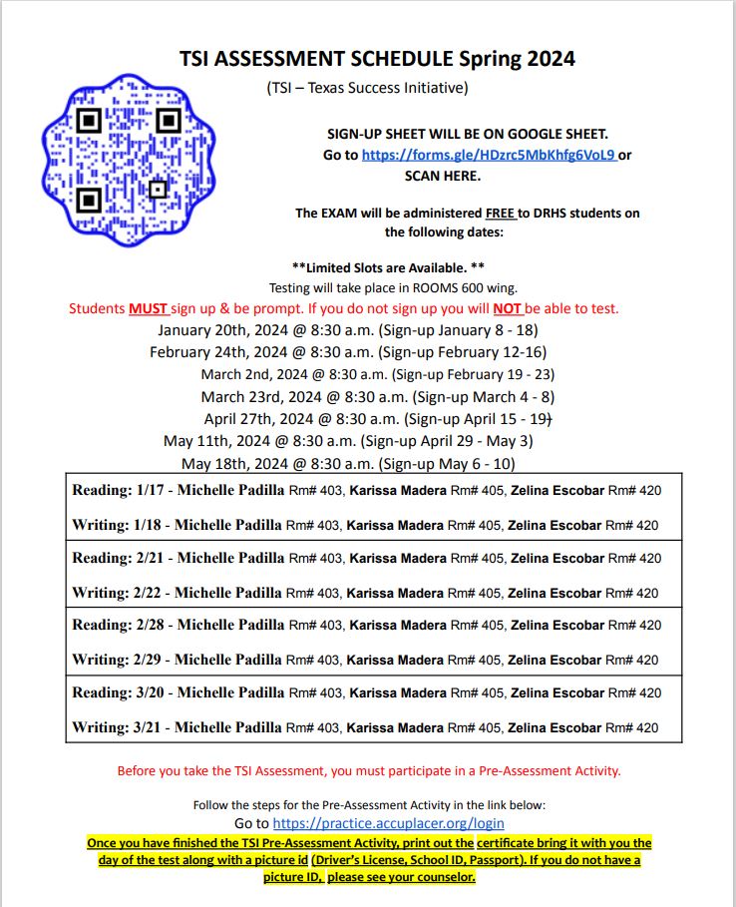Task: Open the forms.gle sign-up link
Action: coord(489,155)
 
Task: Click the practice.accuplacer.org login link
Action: coord(388,823)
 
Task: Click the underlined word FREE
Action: coord(500,213)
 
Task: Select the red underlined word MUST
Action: coord(149,308)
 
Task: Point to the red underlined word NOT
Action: coord(508,308)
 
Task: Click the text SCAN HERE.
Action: coord(442,176)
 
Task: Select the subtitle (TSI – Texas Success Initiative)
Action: coord(367,88)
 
